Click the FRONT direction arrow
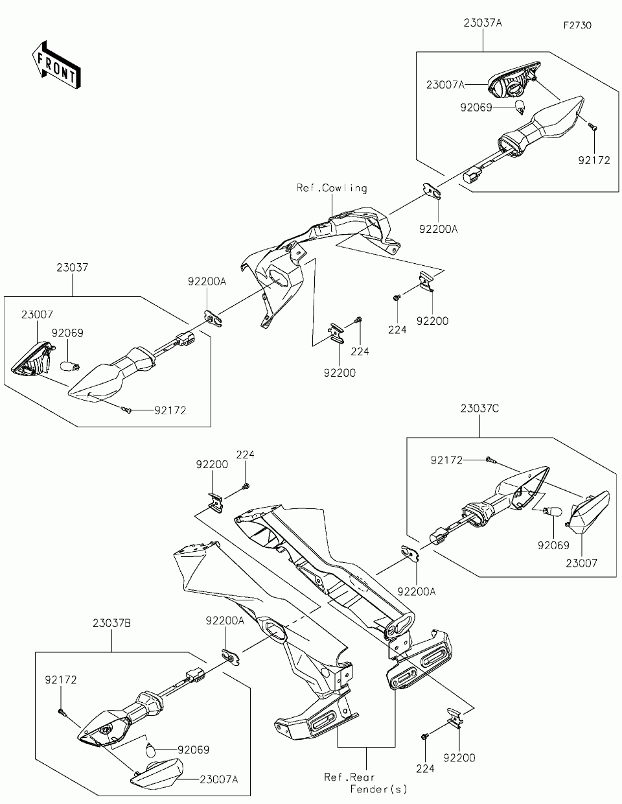click(x=56, y=64)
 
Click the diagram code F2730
click(x=577, y=25)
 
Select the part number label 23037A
click(x=483, y=23)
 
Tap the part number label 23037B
click(x=111, y=624)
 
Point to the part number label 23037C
click(x=479, y=408)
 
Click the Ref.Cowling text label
click(x=332, y=188)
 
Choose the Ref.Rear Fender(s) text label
click(x=365, y=783)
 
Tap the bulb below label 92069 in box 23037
click(x=70, y=367)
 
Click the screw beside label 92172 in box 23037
click(x=126, y=410)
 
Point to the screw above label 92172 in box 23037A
click(x=593, y=127)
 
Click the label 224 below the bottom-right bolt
click(x=426, y=769)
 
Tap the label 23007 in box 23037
click(x=37, y=314)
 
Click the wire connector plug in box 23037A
click(x=471, y=176)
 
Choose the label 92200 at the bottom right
click(x=459, y=758)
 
